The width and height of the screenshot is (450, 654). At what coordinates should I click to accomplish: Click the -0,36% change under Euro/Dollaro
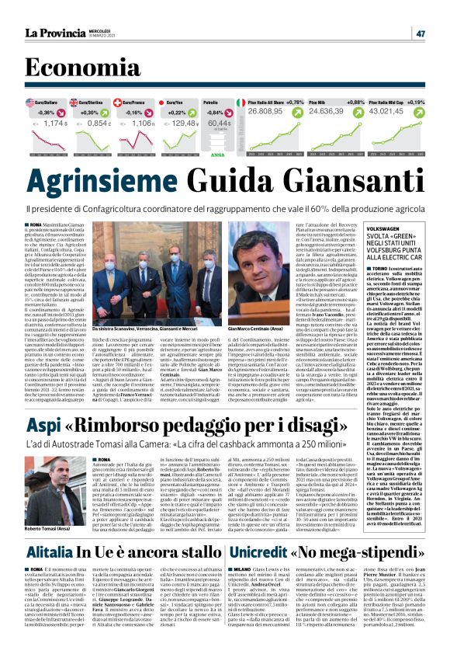(47, 113)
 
